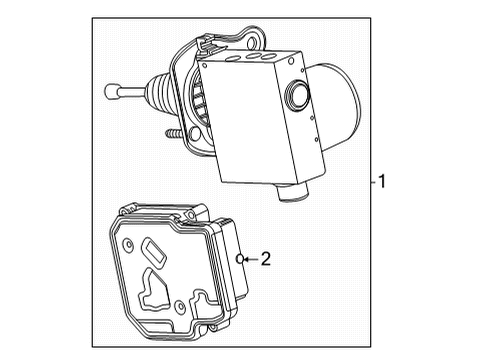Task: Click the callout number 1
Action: pos(381,182)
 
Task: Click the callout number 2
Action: pos(265,259)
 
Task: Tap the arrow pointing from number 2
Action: pos(250,259)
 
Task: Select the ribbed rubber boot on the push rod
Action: pos(160,95)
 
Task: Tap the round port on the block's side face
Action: pos(297,95)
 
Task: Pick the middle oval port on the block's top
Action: pos(261,59)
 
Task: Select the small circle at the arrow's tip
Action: pos(240,259)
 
